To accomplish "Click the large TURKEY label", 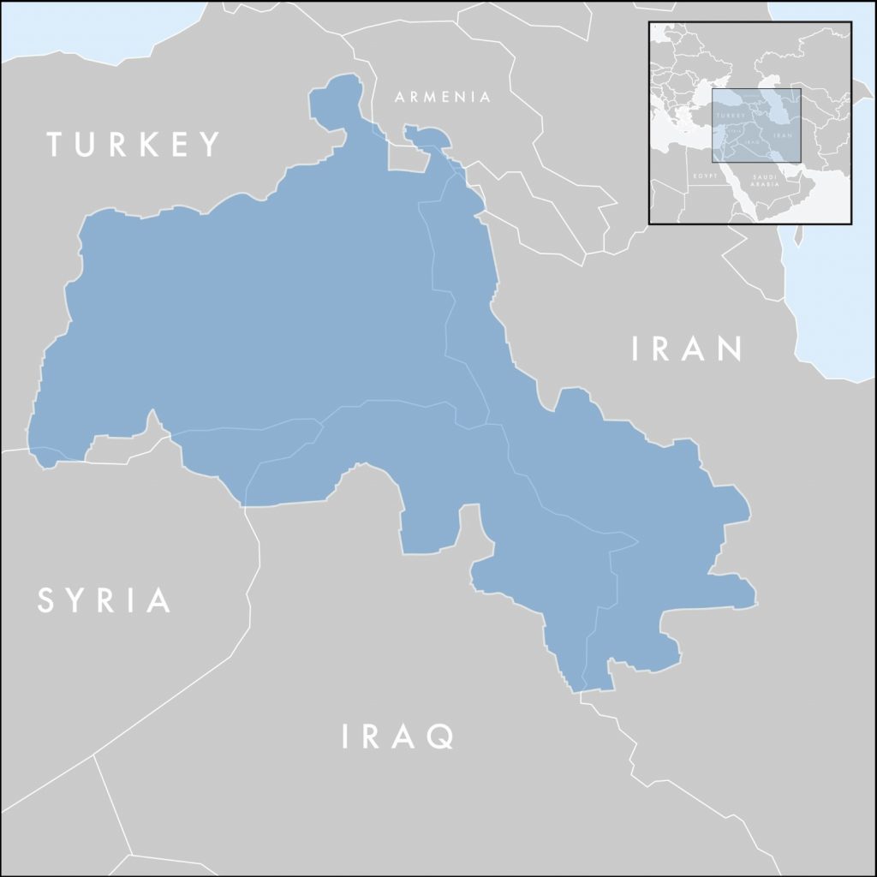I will tap(134, 144).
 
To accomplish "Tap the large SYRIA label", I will tap(104, 600).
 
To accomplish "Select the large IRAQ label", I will tap(397, 736).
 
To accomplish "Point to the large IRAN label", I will tap(687, 349).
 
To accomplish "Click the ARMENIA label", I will tap(443, 98).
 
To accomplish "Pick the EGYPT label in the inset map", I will tap(704, 175).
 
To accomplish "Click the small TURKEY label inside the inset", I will tap(731, 116).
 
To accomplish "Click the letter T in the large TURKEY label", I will tap(57, 144).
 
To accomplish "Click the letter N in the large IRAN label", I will tap(729, 349).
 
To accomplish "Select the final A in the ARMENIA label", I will tap(486, 98).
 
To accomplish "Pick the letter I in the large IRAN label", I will tap(635, 349).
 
